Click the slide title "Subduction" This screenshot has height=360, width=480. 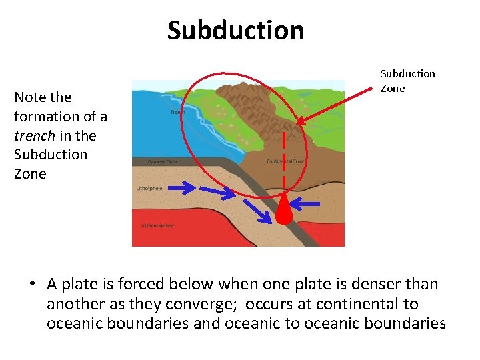coord(235,31)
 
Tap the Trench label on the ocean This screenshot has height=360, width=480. coord(178,112)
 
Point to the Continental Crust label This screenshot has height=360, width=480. coord(285,161)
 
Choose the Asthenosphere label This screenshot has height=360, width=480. coord(157,225)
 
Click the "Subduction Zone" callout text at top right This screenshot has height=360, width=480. coord(407,81)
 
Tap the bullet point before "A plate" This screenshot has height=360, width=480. coord(31,285)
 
